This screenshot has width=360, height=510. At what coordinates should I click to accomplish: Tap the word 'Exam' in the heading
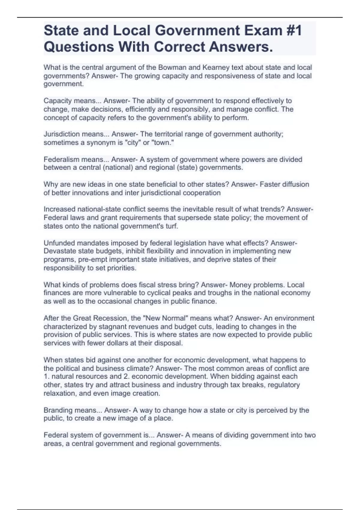[261, 31]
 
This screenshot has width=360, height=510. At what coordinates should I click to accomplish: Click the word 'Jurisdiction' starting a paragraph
[60, 134]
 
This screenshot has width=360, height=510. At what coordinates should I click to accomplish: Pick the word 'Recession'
[109, 318]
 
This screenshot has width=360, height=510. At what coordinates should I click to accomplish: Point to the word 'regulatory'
[283, 385]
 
